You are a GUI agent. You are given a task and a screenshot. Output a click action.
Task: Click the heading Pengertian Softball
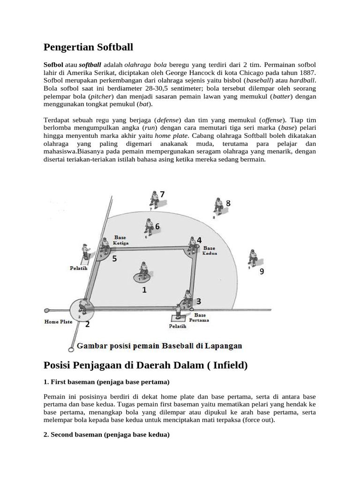88,47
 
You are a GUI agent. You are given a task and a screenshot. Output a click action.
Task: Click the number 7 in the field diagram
162,194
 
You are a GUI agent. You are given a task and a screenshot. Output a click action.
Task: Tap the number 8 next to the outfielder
228,203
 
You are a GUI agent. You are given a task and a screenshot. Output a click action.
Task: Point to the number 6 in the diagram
157,226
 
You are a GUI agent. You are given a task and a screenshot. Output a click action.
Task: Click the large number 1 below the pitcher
144,290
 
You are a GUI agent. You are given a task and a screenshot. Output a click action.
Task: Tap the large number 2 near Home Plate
88,323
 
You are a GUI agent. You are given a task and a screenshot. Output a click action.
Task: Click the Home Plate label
58,322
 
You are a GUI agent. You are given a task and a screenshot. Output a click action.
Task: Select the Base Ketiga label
121,240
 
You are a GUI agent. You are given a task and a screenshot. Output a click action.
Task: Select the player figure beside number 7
153,199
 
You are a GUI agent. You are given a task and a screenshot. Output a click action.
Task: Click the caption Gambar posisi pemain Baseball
159,346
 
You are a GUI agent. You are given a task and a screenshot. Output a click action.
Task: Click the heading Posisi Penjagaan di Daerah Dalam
145,365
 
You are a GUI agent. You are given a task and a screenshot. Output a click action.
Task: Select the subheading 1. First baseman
106,382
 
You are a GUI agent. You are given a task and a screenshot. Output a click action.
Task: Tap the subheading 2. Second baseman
106,435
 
